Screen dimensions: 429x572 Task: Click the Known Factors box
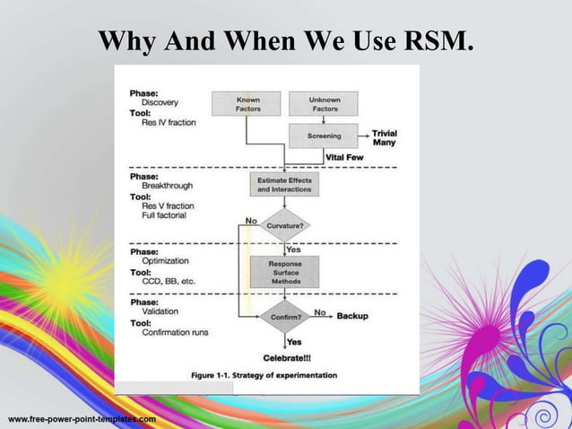(246, 103)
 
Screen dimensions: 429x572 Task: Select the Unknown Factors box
(323, 103)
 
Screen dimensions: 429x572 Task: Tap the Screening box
(323, 136)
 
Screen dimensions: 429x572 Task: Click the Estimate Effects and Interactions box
(284, 185)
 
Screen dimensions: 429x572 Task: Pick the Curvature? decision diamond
(284, 226)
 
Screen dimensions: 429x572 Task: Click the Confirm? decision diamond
(284, 316)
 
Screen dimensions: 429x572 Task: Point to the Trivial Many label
(384, 137)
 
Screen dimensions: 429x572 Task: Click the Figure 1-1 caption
(264, 374)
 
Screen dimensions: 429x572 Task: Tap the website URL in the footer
(82, 419)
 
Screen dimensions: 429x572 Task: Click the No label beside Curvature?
(251, 220)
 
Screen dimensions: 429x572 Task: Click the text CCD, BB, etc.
(168, 281)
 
